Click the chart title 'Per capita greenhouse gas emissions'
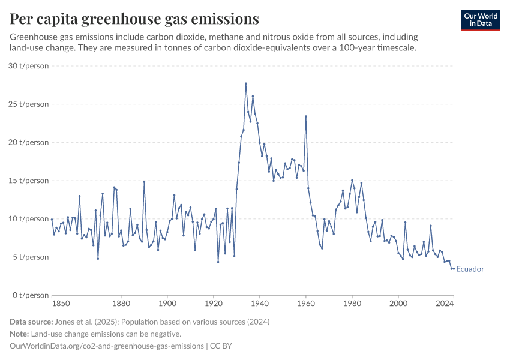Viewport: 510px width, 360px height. (134, 19)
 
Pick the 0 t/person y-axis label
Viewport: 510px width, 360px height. (31, 295)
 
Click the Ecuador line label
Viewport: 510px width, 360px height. (470, 269)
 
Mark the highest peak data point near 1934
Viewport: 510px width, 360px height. (245, 83)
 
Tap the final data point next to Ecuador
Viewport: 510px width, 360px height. (454, 268)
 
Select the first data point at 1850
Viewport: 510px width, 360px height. (52, 220)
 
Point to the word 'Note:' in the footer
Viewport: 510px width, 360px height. (20, 334)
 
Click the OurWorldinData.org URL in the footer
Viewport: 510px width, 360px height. (106, 346)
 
